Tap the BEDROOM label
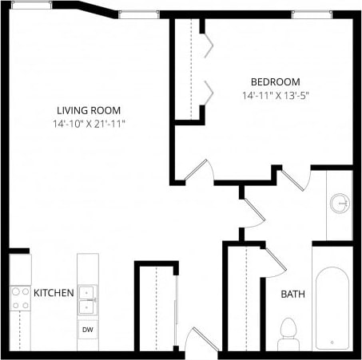[275, 82]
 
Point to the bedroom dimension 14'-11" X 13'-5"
[275, 96]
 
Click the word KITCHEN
[54, 293]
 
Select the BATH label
[292, 295]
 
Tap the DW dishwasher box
[87, 328]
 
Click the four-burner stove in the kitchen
[19, 298]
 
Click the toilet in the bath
[288, 334]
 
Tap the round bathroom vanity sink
[341, 204]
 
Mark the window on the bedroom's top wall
[311, 14]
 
